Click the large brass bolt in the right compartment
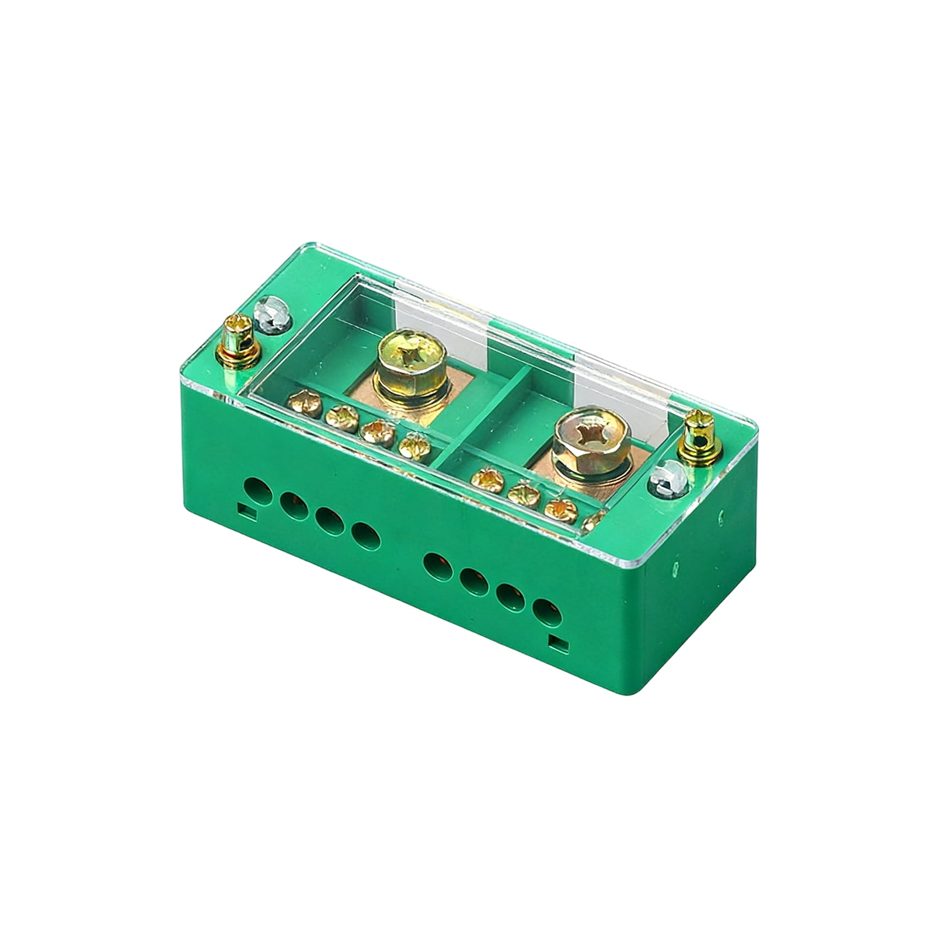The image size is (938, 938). pyautogui.click(x=590, y=436)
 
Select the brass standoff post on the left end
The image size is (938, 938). pyautogui.click(x=239, y=342)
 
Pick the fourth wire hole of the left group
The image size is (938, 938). pyautogui.click(x=366, y=534)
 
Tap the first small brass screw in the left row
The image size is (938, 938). pyautogui.click(x=305, y=405)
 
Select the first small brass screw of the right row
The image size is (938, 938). pyautogui.click(x=487, y=479)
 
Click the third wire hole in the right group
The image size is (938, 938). pyautogui.click(x=511, y=598)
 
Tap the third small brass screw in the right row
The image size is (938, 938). pyautogui.click(x=561, y=511)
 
